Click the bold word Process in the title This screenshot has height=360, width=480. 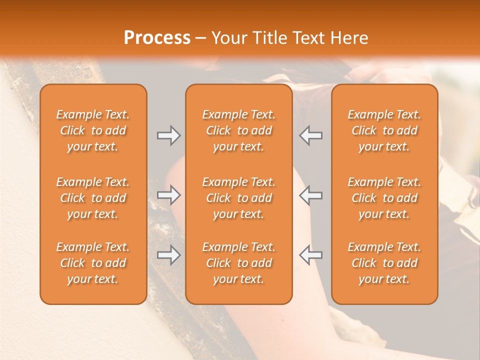(157, 38)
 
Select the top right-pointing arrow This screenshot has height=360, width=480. (168, 135)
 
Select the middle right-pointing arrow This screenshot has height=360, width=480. (168, 195)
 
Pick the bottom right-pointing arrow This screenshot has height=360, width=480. (168, 255)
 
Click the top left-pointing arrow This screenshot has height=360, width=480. (310, 135)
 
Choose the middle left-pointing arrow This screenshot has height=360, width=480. (310, 195)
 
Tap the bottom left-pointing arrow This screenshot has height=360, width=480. (310, 255)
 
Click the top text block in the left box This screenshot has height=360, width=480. (93, 130)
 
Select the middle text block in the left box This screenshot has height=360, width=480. (93, 198)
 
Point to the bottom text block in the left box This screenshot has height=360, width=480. (93, 263)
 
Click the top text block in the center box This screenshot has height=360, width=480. (238, 130)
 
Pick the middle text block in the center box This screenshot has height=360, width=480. (238, 198)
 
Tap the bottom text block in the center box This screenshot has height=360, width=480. (238, 263)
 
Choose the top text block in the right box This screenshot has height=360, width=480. (384, 130)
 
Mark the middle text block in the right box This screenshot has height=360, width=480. (384, 198)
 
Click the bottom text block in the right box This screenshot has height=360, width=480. (384, 263)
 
